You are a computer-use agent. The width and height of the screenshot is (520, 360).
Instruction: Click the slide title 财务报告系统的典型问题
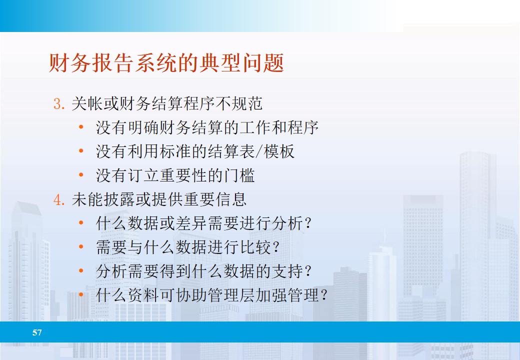tap(166, 63)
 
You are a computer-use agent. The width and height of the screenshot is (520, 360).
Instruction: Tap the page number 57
tap(37, 332)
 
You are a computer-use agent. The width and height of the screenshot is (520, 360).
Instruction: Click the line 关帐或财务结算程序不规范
tap(167, 103)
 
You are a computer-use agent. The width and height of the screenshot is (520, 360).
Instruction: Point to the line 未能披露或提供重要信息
tap(159, 199)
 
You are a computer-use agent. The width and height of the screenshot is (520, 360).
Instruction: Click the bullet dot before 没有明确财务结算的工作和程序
tap(81, 127)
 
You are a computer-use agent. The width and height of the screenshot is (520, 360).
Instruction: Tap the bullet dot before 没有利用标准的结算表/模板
tap(81, 151)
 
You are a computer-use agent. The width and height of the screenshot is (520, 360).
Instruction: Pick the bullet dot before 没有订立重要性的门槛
tap(81, 175)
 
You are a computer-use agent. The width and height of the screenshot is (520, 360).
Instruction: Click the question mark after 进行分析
tap(308, 223)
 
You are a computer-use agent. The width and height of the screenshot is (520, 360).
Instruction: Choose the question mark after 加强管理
tap(324, 295)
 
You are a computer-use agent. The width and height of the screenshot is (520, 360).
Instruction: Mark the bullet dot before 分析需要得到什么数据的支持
tap(81, 271)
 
